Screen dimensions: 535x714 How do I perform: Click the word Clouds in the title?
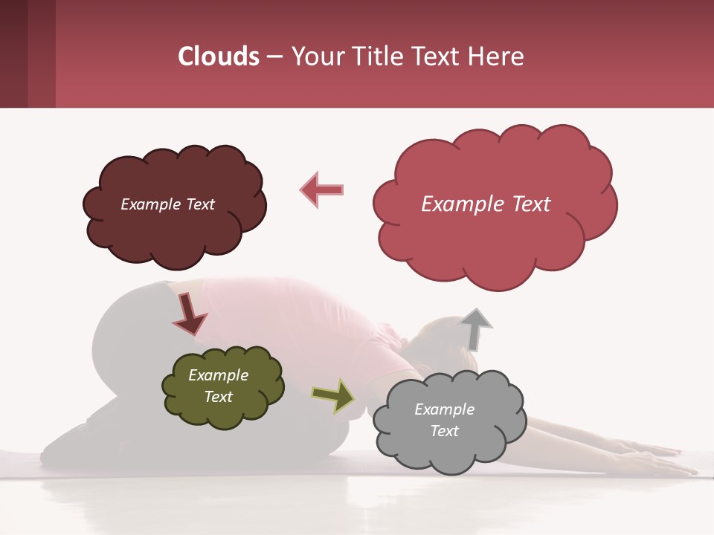tap(219, 56)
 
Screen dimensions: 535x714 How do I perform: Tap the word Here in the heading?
tap(498, 56)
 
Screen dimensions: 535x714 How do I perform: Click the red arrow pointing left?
tap(322, 189)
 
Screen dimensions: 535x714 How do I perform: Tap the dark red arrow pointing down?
tap(189, 315)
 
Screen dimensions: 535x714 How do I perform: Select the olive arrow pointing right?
tap(333, 396)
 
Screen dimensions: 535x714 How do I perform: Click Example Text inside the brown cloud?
tap(167, 204)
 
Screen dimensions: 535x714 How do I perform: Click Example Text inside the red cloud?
tap(486, 204)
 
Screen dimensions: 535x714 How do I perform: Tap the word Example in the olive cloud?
tap(218, 375)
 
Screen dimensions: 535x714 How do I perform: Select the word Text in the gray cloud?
tap(444, 431)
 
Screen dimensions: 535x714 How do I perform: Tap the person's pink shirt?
tap(297, 312)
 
